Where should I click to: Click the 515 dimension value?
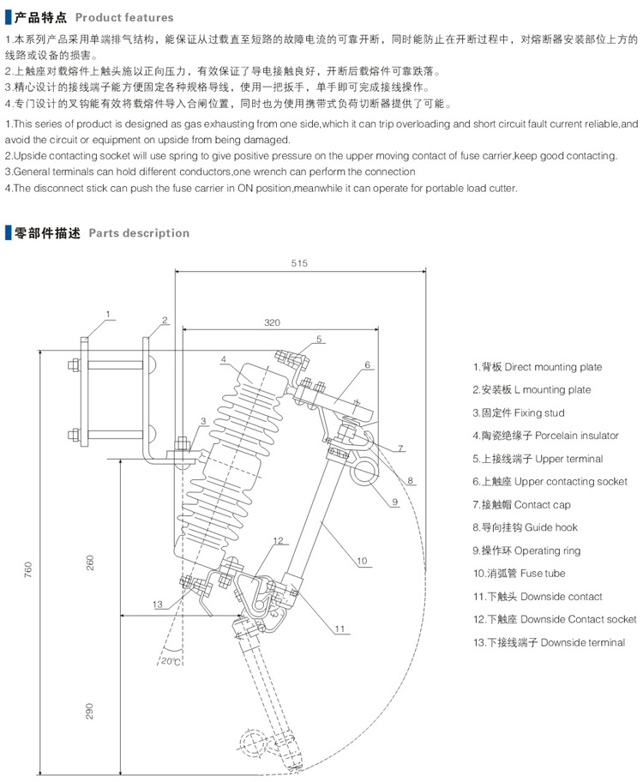[x=299, y=262]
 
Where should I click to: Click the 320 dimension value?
[x=272, y=322]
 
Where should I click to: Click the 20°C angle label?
[x=169, y=660]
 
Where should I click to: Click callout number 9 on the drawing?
[x=396, y=501]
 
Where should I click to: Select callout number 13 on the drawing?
[x=157, y=605]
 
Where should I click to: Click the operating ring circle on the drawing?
[x=367, y=469]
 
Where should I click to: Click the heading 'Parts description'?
[x=139, y=232]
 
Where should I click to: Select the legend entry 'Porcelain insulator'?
[x=545, y=436]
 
